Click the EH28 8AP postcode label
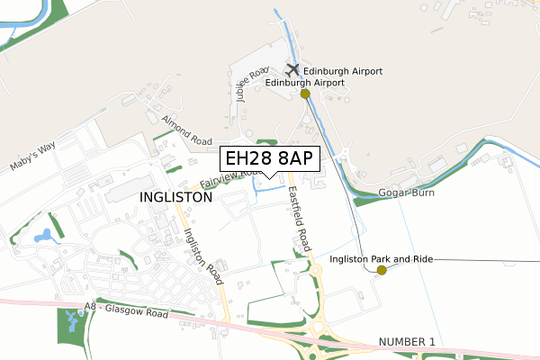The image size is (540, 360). (269, 158)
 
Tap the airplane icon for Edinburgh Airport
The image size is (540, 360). (292, 69)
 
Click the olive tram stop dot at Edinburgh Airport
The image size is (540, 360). (306, 94)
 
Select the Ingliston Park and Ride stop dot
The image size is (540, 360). (382, 270)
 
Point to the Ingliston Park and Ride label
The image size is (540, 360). (382, 258)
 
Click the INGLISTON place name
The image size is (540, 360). (176, 196)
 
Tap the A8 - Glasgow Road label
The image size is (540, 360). (126, 311)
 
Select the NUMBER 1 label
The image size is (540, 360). (407, 342)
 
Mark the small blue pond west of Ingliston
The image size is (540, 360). (42, 237)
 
